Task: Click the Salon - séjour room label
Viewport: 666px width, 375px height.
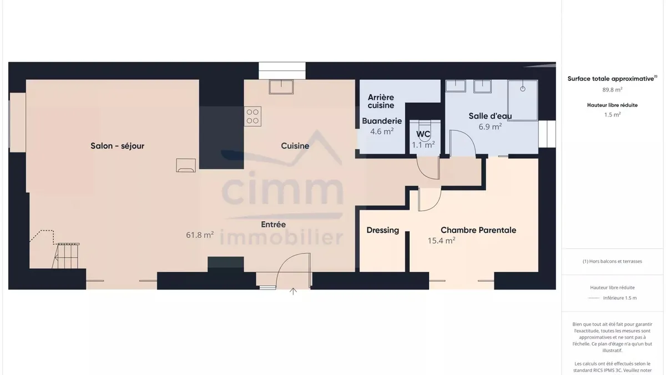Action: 118,146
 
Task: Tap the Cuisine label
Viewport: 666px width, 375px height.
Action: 295,146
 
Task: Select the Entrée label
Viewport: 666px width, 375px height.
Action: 273,224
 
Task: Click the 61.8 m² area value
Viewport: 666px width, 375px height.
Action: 200,235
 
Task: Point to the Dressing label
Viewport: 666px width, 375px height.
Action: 382,230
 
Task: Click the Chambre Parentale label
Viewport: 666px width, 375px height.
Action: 478,230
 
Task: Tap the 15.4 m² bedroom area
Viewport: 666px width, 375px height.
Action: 442,240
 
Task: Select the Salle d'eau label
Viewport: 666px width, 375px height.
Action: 490,116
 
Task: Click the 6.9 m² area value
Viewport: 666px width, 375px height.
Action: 490,127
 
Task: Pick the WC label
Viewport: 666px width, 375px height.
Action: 423,134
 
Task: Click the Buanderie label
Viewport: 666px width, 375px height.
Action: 382,121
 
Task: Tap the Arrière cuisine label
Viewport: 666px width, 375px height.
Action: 381,101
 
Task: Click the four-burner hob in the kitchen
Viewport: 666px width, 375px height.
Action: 253,116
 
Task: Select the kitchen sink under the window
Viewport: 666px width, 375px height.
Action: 281,87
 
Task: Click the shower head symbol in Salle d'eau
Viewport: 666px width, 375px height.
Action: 523,89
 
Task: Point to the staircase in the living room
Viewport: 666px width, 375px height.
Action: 66,256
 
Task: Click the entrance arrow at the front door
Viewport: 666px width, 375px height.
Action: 293,291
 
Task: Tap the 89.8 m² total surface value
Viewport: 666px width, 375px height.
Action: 612,89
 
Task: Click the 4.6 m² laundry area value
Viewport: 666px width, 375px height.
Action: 382,131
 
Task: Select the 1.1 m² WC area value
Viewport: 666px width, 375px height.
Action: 423,145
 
